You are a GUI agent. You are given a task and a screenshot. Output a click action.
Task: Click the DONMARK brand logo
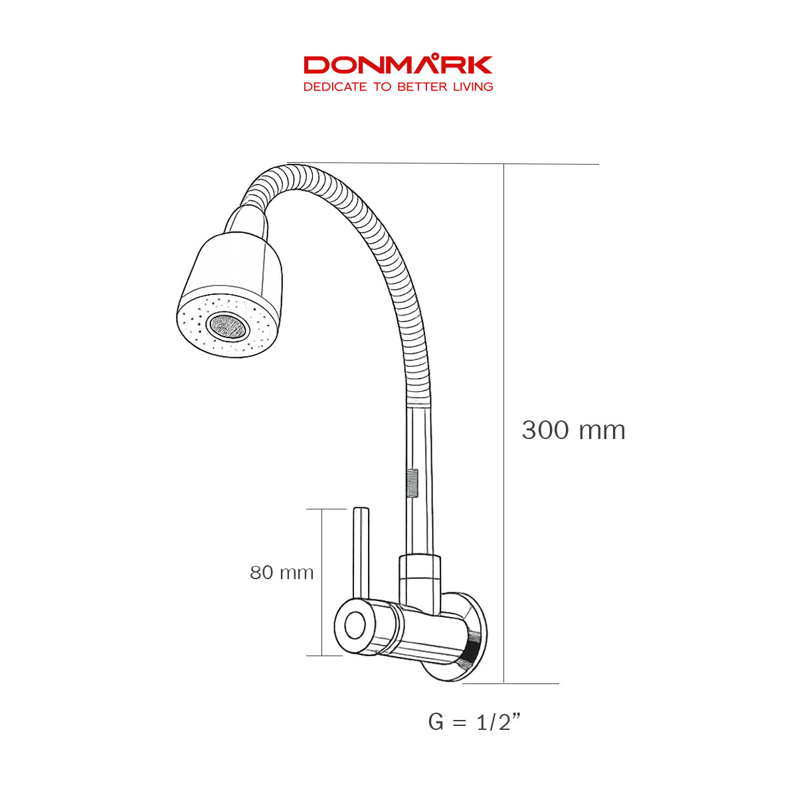398,65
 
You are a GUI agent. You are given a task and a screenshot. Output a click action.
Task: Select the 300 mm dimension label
573,430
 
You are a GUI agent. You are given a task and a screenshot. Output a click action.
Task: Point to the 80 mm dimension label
282,573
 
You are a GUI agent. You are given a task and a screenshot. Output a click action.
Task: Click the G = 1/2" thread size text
474,721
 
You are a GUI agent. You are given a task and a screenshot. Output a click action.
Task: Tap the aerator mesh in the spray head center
227,325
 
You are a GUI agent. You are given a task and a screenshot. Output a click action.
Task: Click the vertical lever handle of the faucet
361,551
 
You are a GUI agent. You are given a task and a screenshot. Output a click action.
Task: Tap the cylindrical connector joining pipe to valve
419,578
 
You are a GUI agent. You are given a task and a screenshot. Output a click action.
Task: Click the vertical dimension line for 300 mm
504,332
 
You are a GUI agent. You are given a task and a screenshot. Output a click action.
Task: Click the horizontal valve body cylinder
425,631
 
